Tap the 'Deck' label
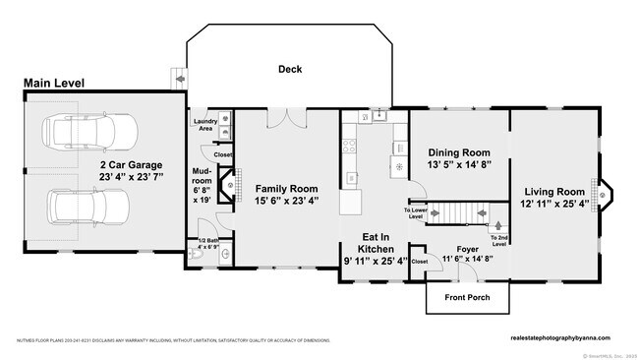click(289, 69)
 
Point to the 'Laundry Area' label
click(204, 125)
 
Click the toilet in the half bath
click(198, 258)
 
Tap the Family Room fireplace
click(228, 185)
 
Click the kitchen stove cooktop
click(348, 148)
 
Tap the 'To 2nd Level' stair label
click(499, 239)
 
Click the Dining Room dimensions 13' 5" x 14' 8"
click(460, 166)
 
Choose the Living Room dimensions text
click(555, 204)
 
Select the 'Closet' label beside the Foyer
click(420, 262)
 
